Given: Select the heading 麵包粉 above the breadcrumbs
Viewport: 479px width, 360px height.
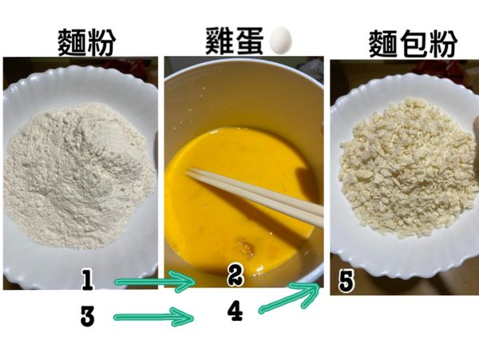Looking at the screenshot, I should pos(408,42).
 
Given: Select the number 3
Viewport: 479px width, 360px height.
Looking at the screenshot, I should pos(88,317).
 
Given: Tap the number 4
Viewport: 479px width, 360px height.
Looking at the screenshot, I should pos(234,311).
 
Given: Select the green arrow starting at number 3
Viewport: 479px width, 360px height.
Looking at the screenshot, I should pos(154,318).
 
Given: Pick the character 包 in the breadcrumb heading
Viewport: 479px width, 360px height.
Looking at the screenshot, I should pos(408,42).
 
